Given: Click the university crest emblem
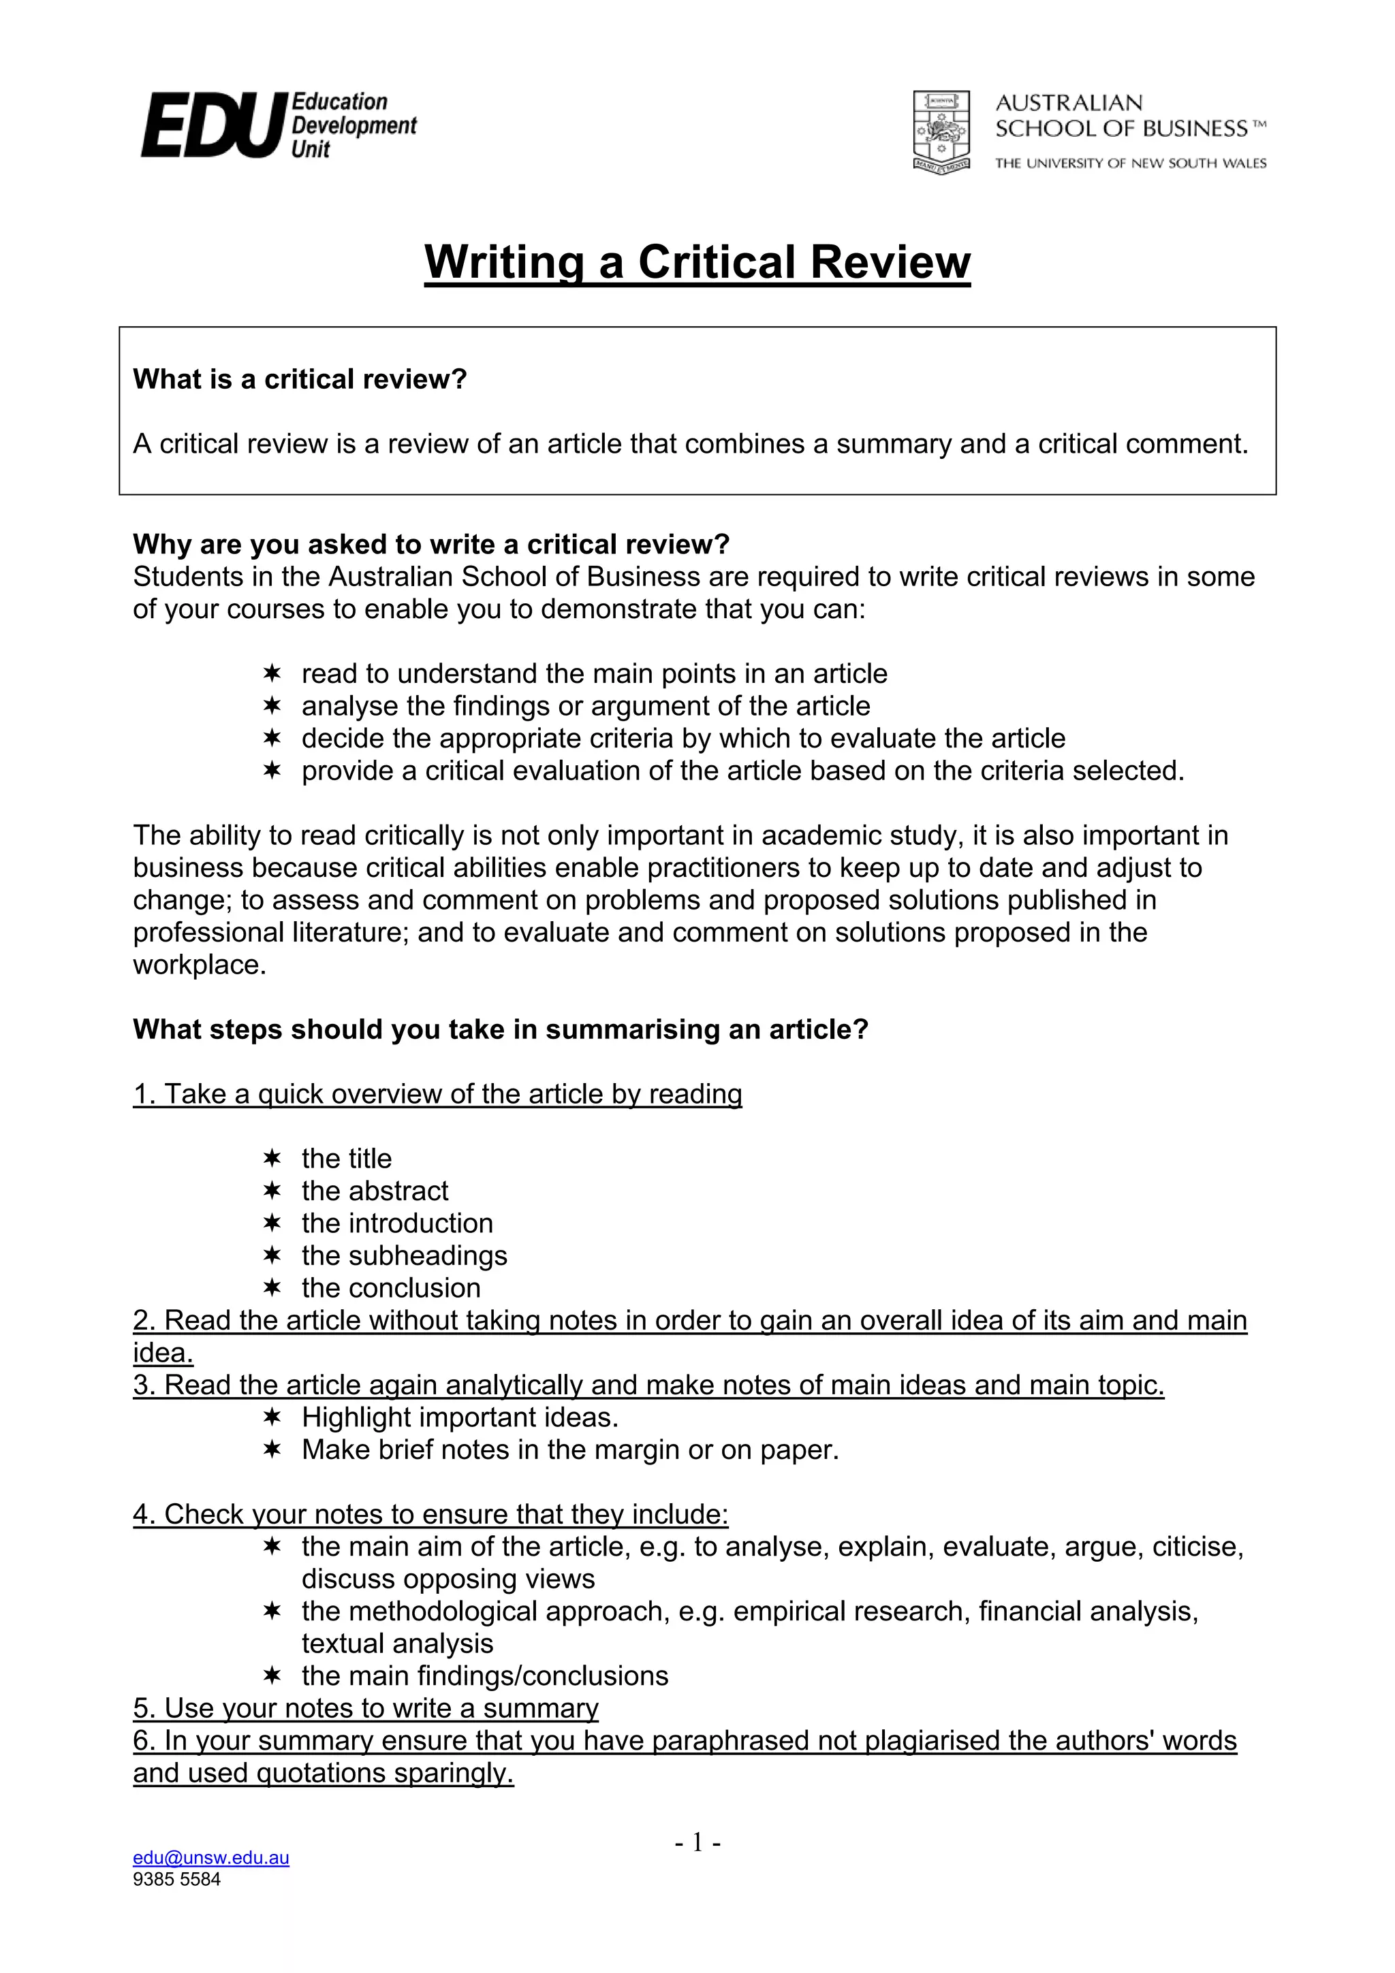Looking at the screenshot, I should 941,131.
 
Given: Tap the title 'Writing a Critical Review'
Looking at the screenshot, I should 697,261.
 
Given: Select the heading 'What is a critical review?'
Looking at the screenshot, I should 299,379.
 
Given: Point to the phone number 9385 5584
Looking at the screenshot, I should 176,1878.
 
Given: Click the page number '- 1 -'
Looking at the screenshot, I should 697,1842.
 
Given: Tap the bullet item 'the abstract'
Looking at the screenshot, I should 375,1190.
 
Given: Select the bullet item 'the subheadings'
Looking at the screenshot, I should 404,1255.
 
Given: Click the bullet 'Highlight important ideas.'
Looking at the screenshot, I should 460,1416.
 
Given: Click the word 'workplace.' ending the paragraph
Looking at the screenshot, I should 200,964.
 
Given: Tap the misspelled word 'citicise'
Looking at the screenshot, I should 1197,1546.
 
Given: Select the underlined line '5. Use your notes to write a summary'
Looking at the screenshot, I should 365,1707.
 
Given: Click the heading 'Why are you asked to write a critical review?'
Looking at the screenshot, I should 430,544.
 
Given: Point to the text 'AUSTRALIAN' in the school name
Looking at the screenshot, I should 1068,103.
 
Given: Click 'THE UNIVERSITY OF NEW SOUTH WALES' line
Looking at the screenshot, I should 1130,163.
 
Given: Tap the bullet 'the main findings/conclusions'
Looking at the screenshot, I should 485,1675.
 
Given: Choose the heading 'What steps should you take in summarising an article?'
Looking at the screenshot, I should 500,1029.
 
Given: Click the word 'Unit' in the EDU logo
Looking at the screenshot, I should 311,150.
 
